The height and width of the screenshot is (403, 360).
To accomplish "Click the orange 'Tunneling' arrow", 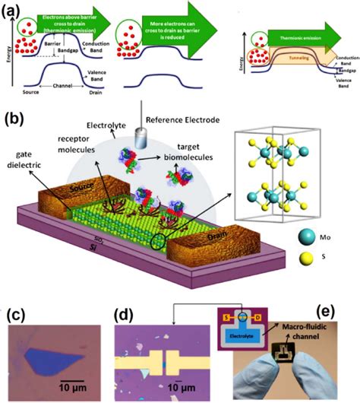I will (305, 65).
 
